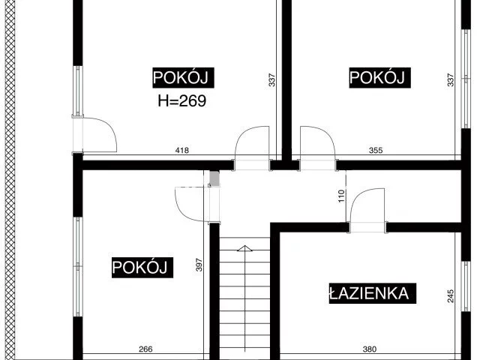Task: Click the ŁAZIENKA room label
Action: pos(372,293)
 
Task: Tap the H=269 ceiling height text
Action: pos(182,100)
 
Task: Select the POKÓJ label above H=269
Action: pos(183,78)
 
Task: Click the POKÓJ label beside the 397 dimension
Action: pos(142,268)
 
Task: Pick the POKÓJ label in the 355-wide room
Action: pos(379,78)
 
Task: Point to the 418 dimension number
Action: pos(182,150)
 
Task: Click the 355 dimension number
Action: pos(376,150)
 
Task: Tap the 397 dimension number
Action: pos(199,265)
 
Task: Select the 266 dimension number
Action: pos(145,349)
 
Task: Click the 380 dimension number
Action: pos(370,349)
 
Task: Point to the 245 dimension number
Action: pos(451,296)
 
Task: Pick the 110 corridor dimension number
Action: pos(342,196)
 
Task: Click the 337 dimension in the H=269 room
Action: pos(271,79)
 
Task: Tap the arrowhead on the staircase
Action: pos(244,248)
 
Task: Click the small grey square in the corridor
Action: pos(214,179)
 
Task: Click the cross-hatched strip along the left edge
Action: pos(10,180)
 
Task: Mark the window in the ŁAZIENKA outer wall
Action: pos(466,286)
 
